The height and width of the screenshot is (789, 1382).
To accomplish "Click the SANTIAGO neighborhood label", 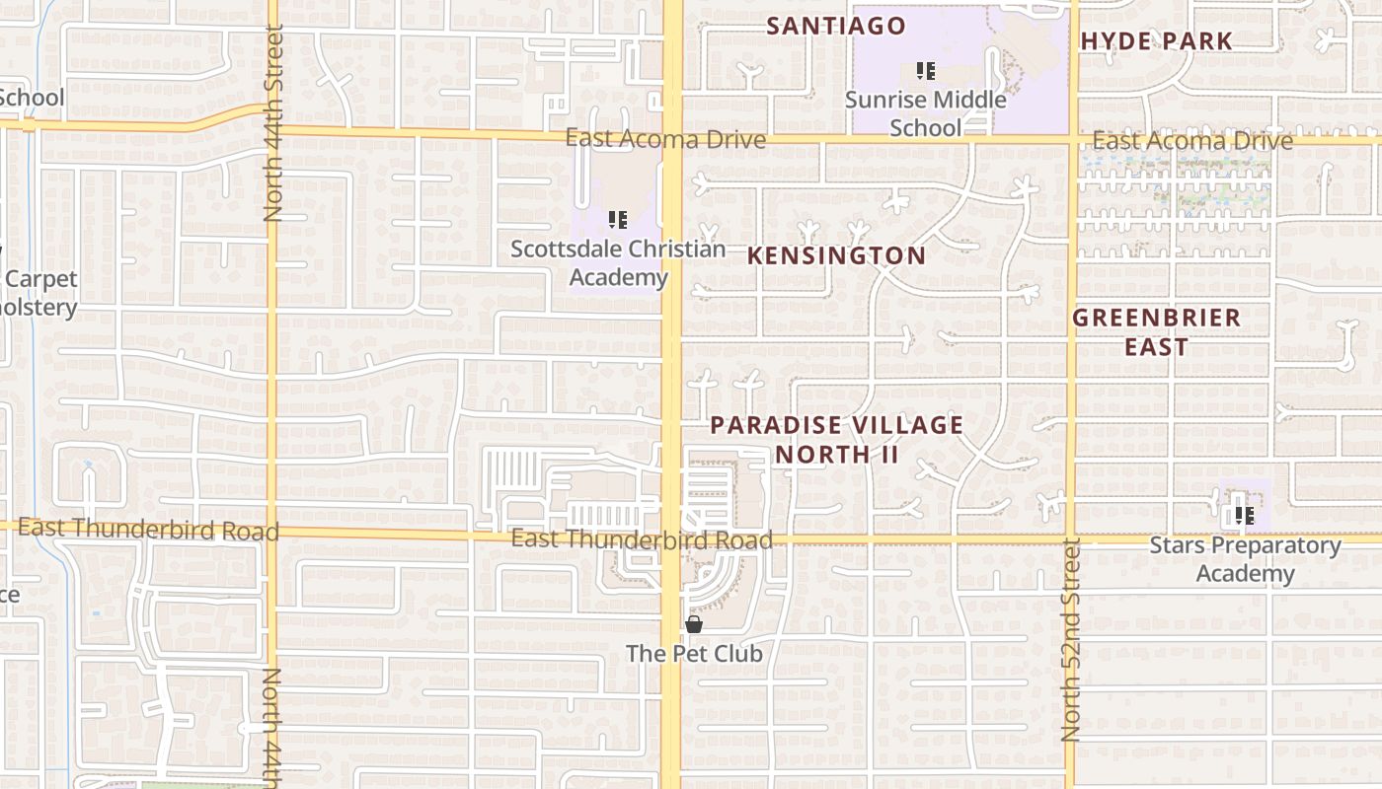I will (x=836, y=26).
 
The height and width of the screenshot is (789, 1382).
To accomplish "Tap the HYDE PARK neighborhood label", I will (x=1156, y=41).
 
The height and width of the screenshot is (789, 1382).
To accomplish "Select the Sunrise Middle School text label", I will (x=925, y=112).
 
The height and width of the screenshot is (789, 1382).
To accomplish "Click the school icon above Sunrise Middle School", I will (x=925, y=70).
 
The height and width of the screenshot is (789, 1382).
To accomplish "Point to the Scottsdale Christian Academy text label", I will (x=618, y=263).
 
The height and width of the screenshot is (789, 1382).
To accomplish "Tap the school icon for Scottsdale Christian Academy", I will (x=618, y=219).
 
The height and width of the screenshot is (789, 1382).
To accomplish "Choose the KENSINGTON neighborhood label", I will (x=836, y=255).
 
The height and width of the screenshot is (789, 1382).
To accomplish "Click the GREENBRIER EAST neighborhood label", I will (x=1156, y=331).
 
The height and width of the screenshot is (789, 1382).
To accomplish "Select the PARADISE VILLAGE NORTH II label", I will (x=836, y=439).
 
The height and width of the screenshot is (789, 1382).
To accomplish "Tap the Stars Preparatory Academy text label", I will (x=1245, y=559).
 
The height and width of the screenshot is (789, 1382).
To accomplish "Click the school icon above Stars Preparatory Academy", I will (x=1244, y=515).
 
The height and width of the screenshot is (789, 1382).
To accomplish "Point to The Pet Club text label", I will (x=694, y=653).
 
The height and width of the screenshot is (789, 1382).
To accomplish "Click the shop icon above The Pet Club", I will (x=694, y=624).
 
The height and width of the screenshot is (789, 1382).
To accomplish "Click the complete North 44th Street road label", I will (x=273, y=123).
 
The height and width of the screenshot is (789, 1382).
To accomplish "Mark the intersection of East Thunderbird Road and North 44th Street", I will (x=271, y=532).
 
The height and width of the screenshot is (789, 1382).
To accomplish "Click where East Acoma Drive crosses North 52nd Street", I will (x=1072, y=139).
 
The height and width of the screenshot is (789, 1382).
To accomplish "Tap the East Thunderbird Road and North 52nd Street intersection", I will (x=1072, y=540).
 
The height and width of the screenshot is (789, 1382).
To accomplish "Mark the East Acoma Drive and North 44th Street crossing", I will (x=271, y=126).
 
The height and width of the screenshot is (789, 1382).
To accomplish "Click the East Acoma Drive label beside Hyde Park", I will (x=1191, y=141).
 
